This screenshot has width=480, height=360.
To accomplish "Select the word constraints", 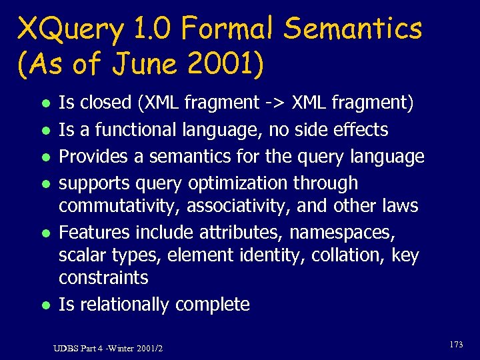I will coord(103,277).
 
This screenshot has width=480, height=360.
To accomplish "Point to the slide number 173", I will coord(457,345).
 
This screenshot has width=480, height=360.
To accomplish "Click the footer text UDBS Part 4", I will coord(77,348).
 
